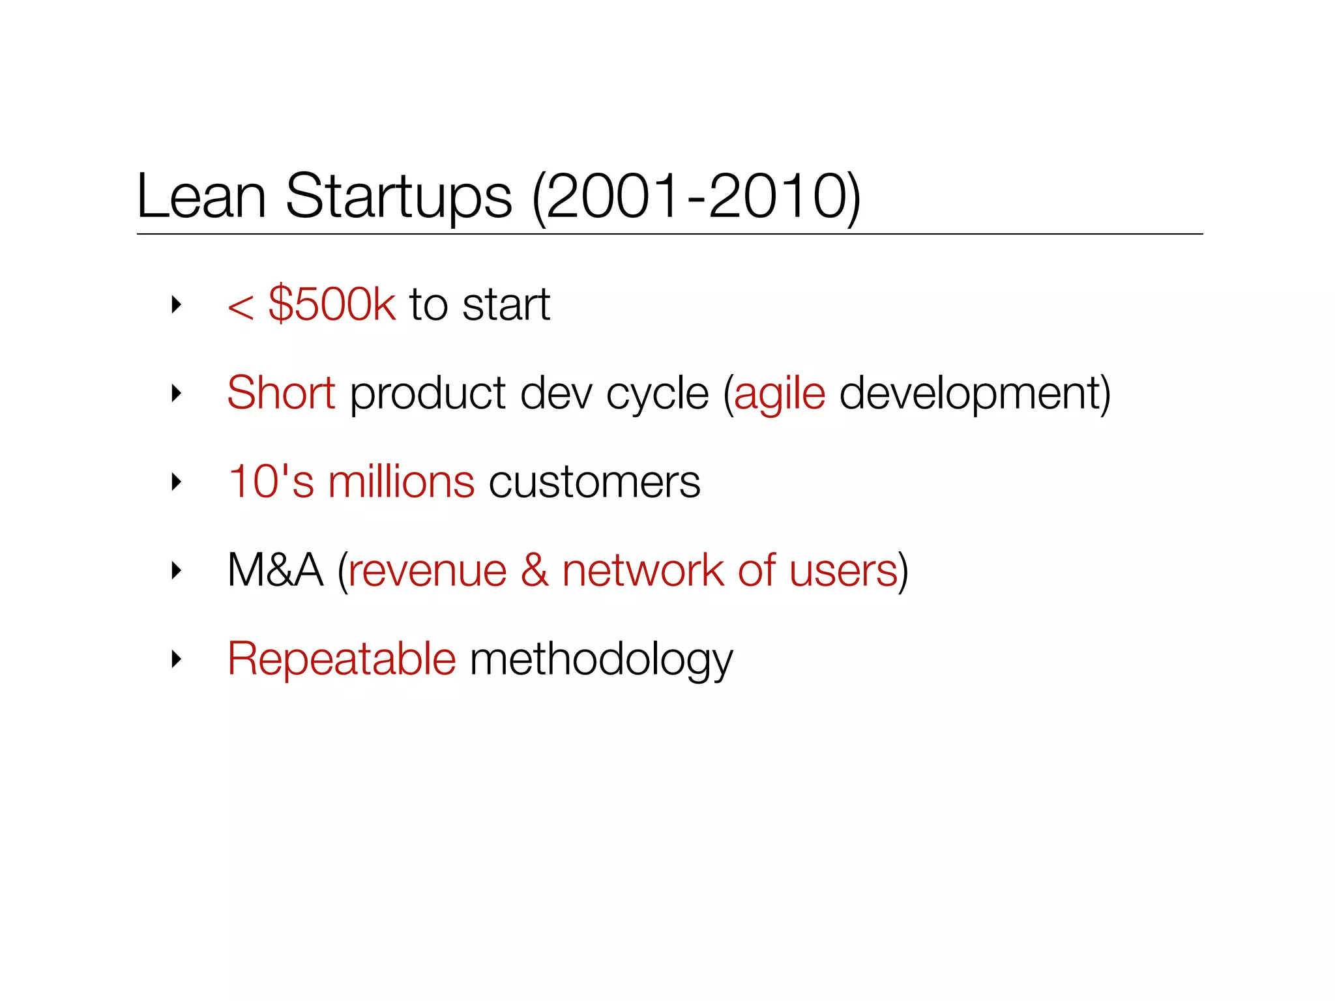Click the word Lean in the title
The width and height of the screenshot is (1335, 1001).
[x=201, y=196]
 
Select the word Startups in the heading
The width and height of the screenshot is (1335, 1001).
[x=399, y=197]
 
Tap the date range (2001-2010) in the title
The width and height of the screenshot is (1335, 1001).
[x=697, y=197]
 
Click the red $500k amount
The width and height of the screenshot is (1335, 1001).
[x=332, y=304]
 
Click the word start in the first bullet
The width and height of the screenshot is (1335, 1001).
[x=506, y=305]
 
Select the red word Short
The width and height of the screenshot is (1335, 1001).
[x=281, y=393]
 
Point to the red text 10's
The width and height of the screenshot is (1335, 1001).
[x=271, y=482]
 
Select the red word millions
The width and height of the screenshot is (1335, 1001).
[x=401, y=482]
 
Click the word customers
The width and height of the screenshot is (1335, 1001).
[x=594, y=483]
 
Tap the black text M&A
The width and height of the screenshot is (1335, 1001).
[x=275, y=570]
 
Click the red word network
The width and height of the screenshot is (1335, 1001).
[x=643, y=570]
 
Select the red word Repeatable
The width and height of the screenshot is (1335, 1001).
[x=342, y=659]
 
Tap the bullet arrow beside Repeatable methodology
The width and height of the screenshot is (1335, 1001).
[x=175, y=660]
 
